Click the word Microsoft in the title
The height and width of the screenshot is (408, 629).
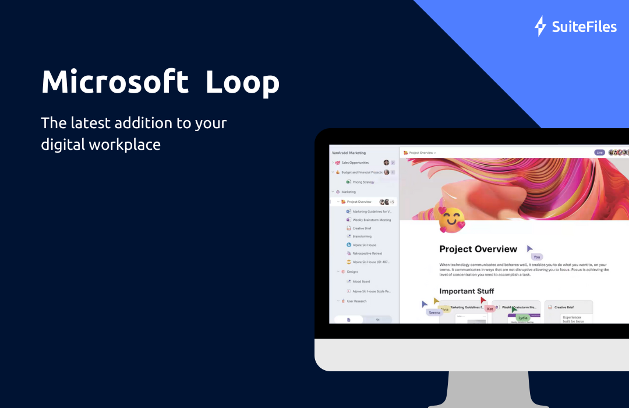tap(115, 82)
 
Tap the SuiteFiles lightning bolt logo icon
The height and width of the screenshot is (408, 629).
tap(540, 26)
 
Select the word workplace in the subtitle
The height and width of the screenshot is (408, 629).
tap(124, 144)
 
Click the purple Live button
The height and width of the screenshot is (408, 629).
tap(599, 153)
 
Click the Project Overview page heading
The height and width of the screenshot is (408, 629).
tap(478, 249)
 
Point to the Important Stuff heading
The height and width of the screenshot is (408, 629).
tap(467, 291)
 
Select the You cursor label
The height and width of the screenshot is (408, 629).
tap(536, 256)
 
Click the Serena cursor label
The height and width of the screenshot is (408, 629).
tap(434, 312)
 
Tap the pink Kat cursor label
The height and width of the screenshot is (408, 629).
tap(490, 308)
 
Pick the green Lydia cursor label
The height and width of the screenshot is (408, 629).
tap(522, 318)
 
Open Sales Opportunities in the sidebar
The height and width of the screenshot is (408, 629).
tap(355, 163)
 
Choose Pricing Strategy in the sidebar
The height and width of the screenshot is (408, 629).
tap(363, 182)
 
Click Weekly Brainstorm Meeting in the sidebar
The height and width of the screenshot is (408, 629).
tap(372, 220)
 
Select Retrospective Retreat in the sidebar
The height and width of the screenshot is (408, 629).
tap(367, 254)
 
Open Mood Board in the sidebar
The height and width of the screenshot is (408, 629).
tap(361, 282)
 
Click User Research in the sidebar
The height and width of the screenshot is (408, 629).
tap(356, 301)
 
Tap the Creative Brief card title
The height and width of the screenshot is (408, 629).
tap(564, 307)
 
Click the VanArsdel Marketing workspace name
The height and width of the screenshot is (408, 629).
tap(349, 153)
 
